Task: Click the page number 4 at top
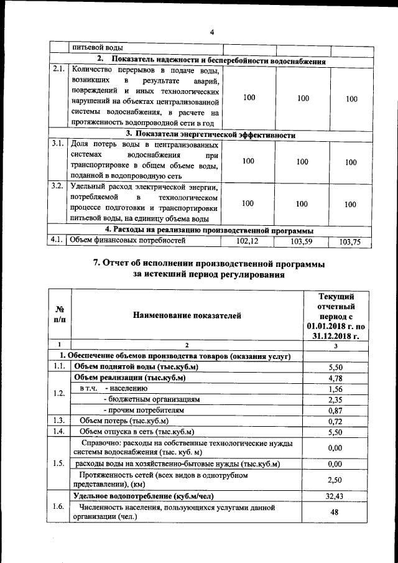[x=211, y=32]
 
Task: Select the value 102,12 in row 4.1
[x=248, y=241]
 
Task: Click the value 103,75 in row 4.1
[x=351, y=243]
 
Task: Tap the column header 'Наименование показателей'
[x=187, y=316]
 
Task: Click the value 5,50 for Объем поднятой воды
[x=336, y=368]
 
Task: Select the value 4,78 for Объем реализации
[x=336, y=378]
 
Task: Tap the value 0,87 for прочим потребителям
[x=336, y=411]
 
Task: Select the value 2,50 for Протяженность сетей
[x=336, y=480]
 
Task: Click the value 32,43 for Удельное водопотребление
[x=336, y=496]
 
